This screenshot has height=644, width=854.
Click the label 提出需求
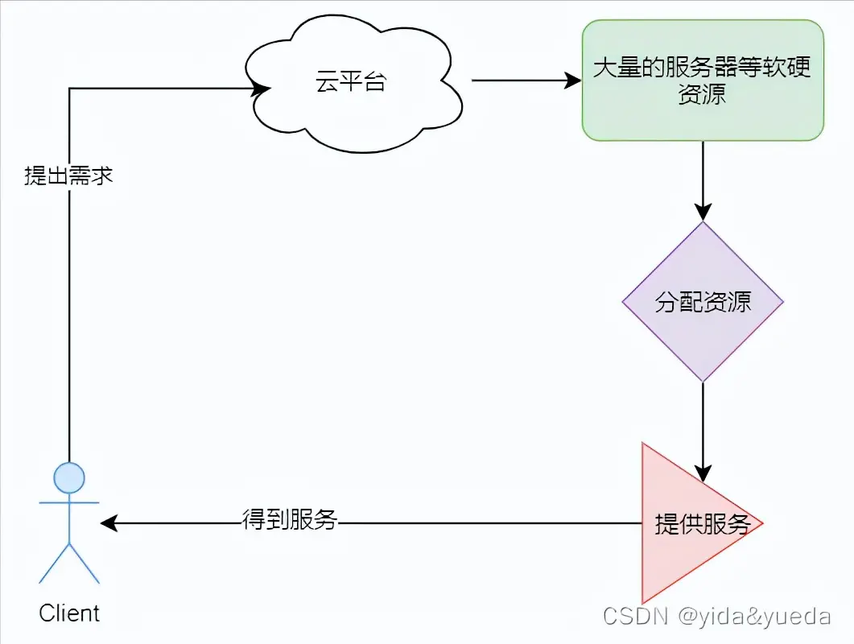68,175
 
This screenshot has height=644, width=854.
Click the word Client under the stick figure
69,613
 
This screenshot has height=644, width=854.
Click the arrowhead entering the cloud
259,89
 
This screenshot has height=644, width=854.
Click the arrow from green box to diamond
703,181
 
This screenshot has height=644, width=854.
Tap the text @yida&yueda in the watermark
755,617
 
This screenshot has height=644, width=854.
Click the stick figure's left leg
55,563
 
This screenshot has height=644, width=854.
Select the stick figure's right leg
85,563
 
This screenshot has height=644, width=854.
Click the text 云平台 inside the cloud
351,82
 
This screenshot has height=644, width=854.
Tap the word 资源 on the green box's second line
703,94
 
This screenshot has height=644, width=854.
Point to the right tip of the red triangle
761,523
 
